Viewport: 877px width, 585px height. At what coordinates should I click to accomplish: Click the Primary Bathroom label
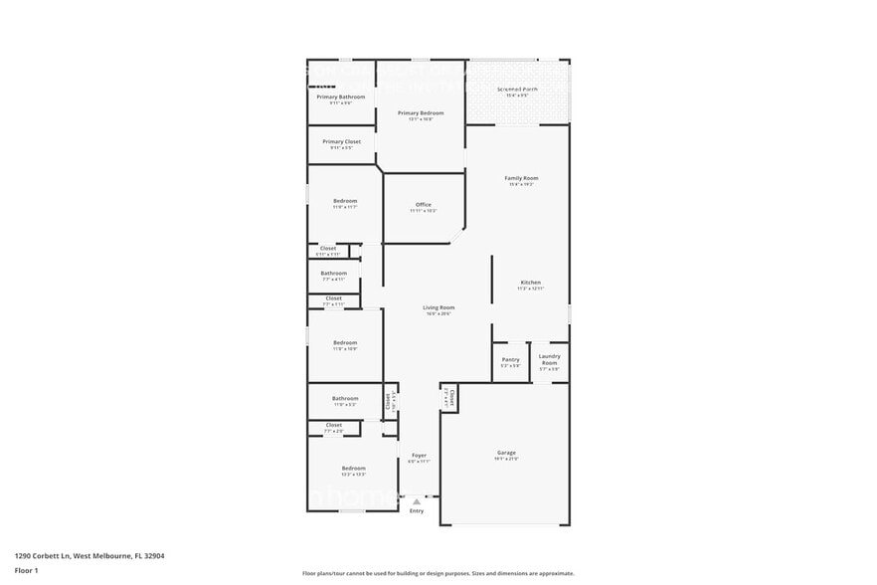click(340, 97)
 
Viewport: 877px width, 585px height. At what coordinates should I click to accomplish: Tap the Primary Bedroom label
click(421, 113)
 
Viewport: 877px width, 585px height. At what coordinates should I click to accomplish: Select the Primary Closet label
click(341, 142)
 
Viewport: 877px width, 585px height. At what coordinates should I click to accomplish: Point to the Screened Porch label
click(517, 90)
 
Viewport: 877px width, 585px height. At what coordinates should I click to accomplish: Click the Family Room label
click(521, 178)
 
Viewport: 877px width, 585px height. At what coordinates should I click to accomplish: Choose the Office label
click(423, 205)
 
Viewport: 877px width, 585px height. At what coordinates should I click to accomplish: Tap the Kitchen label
click(530, 283)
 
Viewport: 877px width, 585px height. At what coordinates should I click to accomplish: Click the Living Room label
click(438, 307)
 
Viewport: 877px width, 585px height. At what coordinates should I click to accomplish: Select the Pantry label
click(510, 359)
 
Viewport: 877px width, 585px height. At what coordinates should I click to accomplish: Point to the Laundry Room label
click(549, 359)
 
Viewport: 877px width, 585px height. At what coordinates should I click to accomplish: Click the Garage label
click(506, 453)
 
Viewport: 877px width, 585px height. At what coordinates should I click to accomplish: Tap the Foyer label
click(419, 455)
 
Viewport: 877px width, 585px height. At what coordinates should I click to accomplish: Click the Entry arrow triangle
click(417, 502)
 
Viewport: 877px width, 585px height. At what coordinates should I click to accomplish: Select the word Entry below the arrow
click(417, 511)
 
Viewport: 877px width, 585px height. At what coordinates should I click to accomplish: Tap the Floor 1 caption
click(26, 570)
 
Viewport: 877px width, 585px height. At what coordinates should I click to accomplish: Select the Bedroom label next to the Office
click(345, 201)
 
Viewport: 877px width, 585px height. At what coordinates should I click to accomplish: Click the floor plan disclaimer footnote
click(438, 574)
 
